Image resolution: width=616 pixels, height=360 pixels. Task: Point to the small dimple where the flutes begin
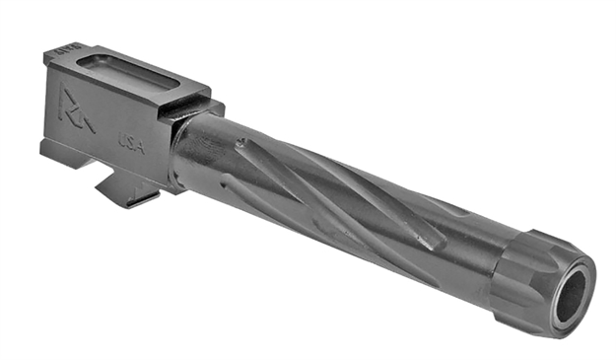(x=240, y=144)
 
